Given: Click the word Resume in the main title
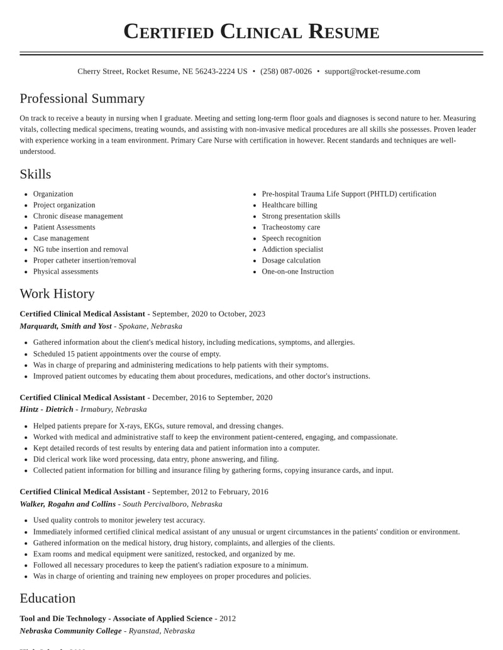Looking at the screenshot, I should pyautogui.click(x=343, y=31).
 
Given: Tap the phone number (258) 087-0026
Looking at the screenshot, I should pyautogui.click(x=286, y=72).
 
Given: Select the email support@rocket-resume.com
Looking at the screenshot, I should pyautogui.click(x=372, y=72).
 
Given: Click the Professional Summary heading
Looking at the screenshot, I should pyautogui.click(x=82, y=99).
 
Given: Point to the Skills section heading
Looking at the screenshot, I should pyautogui.click(x=35, y=174).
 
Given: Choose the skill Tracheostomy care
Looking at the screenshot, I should pyautogui.click(x=290, y=227).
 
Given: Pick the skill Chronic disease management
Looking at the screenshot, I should pyautogui.click(x=78, y=216).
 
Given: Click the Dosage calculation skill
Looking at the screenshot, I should pyautogui.click(x=291, y=261).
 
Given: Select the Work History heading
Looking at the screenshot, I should pyautogui.click(x=57, y=293).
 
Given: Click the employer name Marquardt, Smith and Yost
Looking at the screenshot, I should pyautogui.click(x=65, y=327).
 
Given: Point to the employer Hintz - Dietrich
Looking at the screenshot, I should pyautogui.click(x=47, y=409).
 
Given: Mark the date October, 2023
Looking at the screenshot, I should pyautogui.click(x=241, y=314).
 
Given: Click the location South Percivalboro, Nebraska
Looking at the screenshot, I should pyautogui.click(x=172, y=504).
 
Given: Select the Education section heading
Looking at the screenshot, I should pyautogui.click(x=48, y=598).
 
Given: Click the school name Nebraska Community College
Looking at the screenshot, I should pyautogui.click(x=70, y=631).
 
